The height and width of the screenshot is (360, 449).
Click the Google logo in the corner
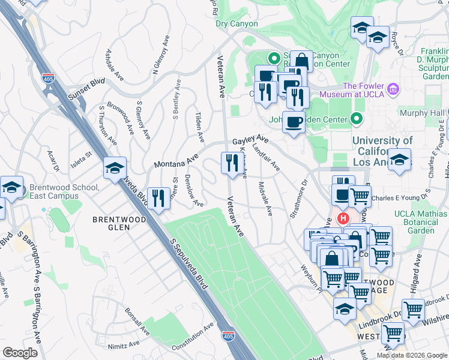(20, 353)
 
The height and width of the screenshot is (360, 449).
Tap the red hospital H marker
(344, 219)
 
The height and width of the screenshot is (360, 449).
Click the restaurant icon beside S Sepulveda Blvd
(158, 198)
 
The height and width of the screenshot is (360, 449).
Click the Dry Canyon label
(237, 24)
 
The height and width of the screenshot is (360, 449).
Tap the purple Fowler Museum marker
(393, 89)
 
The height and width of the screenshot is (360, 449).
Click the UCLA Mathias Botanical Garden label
(422, 222)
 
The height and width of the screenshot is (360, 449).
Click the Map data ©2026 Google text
(412, 355)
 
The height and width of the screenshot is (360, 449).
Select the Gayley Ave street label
(250, 141)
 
